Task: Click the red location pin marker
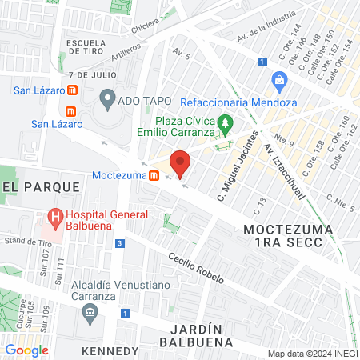(181, 162)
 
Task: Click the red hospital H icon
(54, 215)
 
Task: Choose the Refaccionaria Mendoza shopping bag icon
(279, 80)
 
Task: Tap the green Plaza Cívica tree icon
(226, 124)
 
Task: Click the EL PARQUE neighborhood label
(41, 186)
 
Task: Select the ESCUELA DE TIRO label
(87, 46)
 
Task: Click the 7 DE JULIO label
(88, 74)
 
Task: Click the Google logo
(26, 350)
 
